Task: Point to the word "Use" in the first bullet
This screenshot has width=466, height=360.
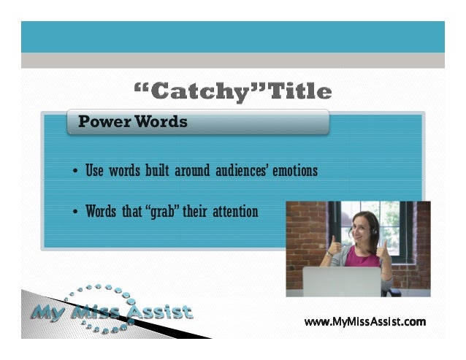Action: tap(95, 172)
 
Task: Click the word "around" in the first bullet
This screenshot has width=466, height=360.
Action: tap(191, 172)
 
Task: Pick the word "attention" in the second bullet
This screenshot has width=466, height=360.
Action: tap(234, 212)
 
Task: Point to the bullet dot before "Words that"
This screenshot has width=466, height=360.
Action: tap(76, 214)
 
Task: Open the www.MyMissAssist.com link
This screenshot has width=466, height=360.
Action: tap(364, 321)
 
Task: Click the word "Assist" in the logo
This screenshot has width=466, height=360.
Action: tap(161, 313)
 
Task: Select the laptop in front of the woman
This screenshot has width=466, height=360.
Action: tap(342, 282)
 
